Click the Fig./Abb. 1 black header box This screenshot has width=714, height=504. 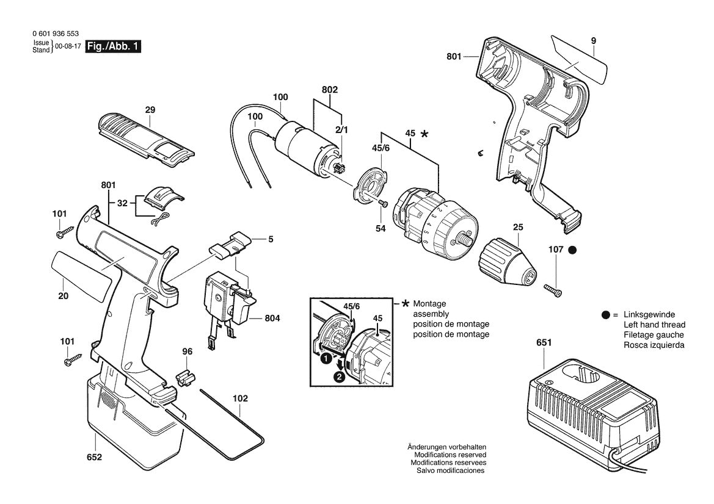pyautogui.click(x=114, y=46)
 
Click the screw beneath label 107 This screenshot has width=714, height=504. pyautogui.click(x=553, y=288)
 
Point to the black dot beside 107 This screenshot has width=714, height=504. pyautogui.click(x=572, y=250)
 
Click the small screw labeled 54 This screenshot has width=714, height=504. pyautogui.click(x=382, y=204)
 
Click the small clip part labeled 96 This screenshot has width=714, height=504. pyautogui.click(x=184, y=378)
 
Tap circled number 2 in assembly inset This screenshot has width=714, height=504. pyautogui.click(x=340, y=376)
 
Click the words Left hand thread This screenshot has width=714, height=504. pyautogui.click(x=654, y=325)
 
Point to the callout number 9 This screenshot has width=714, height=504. pyautogui.click(x=593, y=41)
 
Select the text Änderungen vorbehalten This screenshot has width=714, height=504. pyautogui.click(x=446, y=447)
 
